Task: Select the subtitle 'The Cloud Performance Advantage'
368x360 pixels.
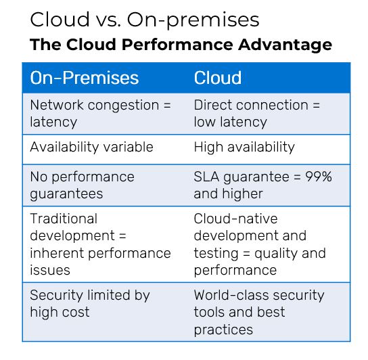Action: click(x=181, y=45)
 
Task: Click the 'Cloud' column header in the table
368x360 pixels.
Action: click(x=218, y=78)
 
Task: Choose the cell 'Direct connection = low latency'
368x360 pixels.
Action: click(x=257, y=114)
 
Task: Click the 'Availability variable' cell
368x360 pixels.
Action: click(x=91, y=147)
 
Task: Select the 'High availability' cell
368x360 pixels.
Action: click(x=244, y=147)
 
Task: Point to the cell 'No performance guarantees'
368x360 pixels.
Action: click(x=82, y=185)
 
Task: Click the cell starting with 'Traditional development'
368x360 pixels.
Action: click(x=100, y=244)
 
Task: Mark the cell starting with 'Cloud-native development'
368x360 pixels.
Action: click(x=260, y=244)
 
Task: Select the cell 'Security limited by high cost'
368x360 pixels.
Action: click(x=90, y=303)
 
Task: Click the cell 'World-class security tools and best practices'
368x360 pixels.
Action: click(x=259, y=312)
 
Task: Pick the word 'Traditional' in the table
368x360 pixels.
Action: click(x=64, y=219)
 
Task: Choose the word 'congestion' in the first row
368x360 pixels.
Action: click(x=124, y=106)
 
